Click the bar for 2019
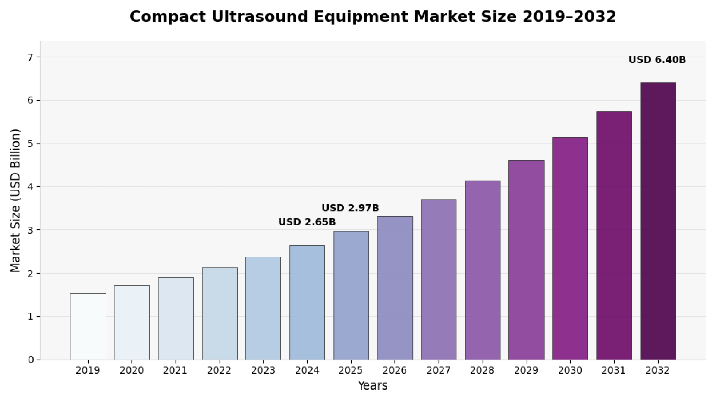(88, 327)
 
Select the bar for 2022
(220, 313)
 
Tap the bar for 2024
(307, 302)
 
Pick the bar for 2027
(439, 279)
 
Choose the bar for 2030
(570, 249)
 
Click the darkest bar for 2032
(658, 221)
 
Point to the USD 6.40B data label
(657, 60)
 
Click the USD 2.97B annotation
(350, 208)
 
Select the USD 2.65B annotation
(307, 222)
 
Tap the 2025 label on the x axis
(351, 371)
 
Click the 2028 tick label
(482, 371)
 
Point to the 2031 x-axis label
(614, 371)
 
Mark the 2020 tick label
(132, 371)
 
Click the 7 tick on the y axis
(30, 57)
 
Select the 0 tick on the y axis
(31, 360)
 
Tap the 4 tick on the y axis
(30, 187)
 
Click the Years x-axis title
(373, 385)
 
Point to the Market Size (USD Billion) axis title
(15, 201)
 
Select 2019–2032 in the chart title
(569, 17)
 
